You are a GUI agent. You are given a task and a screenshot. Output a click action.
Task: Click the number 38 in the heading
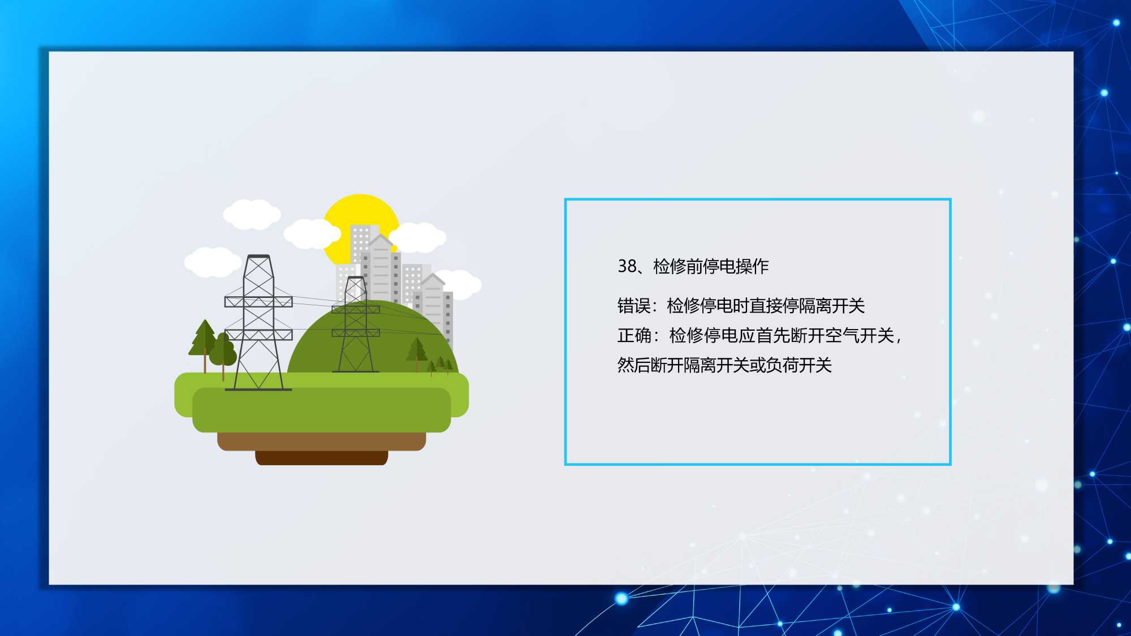(x=627, y=266)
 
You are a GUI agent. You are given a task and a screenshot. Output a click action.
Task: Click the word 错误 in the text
(x=634, y=306)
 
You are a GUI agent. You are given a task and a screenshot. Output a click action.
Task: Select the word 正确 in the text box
(x=634, y=336)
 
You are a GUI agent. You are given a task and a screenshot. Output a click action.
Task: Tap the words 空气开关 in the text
(x=860, y=336)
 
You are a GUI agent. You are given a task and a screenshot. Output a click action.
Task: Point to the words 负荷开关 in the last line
(x=798, y=365)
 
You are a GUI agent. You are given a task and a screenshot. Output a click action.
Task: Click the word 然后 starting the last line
(x=634, y=365)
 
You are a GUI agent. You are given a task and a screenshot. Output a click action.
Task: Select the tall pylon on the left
(x=258, y=322)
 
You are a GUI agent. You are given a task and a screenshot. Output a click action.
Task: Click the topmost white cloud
(x=252, y=214)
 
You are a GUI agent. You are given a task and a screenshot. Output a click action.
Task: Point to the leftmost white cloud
(x=213, y=262)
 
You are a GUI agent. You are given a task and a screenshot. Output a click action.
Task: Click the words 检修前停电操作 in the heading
(x=711, y=266)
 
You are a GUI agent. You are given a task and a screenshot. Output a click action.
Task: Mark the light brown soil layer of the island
(x=321, y=442)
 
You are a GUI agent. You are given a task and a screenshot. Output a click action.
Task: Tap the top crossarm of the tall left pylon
(x=258, y=302)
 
